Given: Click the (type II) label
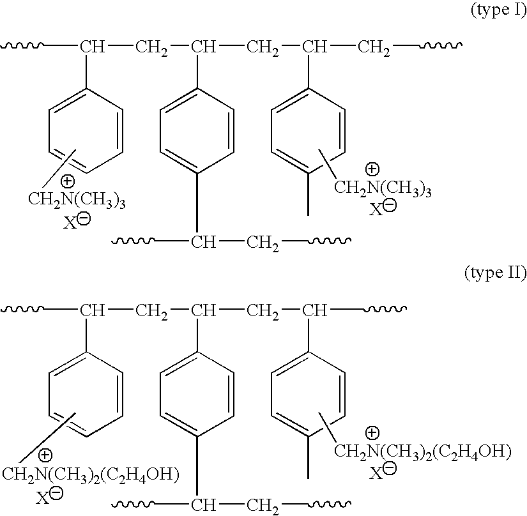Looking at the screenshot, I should coord(495,274).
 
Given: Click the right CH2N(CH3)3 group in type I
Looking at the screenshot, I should coord(383,188).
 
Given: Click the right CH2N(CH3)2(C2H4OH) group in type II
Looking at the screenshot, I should coord(423,453).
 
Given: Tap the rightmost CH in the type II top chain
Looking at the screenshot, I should coord(314,311).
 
